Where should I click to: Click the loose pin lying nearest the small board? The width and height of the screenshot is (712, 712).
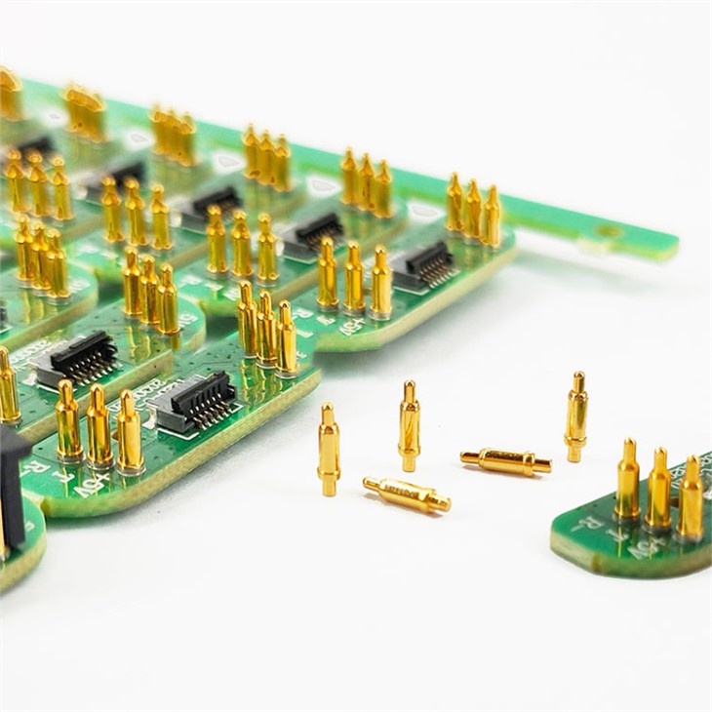(505, 461)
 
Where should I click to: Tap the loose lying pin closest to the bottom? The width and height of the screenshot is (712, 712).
(407, 494)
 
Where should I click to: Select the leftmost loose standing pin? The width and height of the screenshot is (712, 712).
(329, 450)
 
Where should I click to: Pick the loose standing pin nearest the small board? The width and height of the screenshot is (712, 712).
(576, 416)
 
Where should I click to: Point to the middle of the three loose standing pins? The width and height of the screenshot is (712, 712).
(410, 426)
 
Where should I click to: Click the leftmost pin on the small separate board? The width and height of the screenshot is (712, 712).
(627, 483)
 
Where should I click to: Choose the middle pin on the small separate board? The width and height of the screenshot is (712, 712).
(659, 493)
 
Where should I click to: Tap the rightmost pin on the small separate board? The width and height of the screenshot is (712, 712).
(691, 500)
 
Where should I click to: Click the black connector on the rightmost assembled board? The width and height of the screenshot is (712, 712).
(422, 263)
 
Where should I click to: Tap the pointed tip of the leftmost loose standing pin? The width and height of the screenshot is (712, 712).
(328, 409)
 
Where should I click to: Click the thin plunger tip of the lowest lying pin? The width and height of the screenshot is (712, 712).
(371, 482)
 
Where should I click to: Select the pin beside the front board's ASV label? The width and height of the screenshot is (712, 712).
(129, 434)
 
